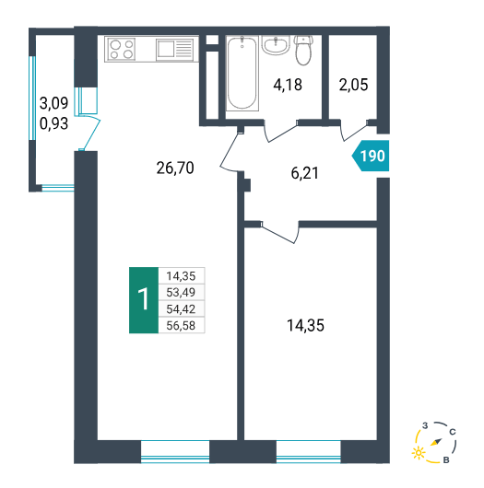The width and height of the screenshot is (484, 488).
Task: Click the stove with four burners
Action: coord(122,49)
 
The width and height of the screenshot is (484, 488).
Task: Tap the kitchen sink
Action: coord(174,49)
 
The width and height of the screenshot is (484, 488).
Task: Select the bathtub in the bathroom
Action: coord(242,74)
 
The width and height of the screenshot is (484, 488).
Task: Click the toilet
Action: coord(303,50)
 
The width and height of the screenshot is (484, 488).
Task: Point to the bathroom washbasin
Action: coord(276,45)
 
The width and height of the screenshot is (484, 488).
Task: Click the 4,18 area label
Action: coord(288,85)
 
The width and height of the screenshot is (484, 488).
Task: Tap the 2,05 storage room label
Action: coord(353,85)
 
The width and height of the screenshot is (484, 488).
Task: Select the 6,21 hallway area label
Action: coord(305,173)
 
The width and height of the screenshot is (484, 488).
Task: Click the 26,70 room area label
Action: coord(175,168)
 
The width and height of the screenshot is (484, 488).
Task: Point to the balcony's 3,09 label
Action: coord(53,103)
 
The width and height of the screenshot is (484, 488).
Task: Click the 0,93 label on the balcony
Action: coord(53,123)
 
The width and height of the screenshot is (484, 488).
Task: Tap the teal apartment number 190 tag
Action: coord(371,156)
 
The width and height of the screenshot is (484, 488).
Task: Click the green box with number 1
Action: coord(144,300)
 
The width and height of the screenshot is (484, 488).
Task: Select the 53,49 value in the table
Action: coord(181,292)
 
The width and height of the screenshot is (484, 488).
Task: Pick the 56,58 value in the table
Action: coord(181,326)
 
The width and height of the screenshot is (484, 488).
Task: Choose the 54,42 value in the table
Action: coord(181,309)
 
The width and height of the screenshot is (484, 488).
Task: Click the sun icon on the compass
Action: coord(419,452)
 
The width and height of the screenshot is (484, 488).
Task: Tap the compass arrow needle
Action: coord(436,442)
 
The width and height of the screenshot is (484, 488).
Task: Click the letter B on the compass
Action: coord(446,460)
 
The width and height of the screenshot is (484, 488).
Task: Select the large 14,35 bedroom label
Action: coord(305,326)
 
